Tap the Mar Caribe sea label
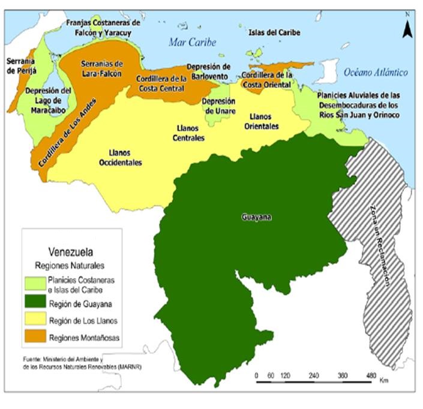tap(192, 42)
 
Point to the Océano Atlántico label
tap(376, 73)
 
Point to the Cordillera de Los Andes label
tap(66, 128)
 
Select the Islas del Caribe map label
tap(274, 32)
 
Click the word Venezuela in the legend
tap(71, 252)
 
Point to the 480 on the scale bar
tap(371, 375)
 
